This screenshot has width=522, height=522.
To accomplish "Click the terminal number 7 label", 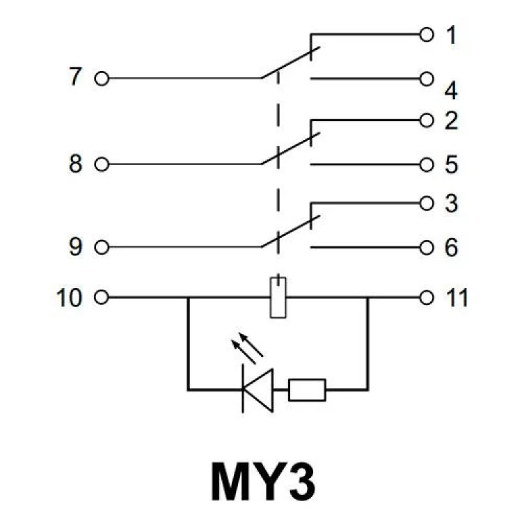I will (75, 77).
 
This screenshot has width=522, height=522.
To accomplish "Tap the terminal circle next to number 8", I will (101, 164).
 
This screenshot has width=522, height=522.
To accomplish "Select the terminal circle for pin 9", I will (101, 247).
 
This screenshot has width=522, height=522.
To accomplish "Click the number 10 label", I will (69, 298).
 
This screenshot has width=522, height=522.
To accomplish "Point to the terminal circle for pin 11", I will (427, 298).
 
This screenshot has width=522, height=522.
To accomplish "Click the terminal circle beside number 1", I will (427, 33).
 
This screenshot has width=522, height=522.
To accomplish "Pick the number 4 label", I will (451, 90).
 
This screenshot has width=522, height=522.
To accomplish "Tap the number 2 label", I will (451, 121).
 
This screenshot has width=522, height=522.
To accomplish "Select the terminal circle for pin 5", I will (427, 164).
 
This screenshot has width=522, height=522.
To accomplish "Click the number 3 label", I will (451, 205).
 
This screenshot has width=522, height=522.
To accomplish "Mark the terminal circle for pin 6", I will (427, 247).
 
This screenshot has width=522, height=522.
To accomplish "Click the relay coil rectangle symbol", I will (278, 297).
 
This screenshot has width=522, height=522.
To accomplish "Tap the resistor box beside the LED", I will (307, 389).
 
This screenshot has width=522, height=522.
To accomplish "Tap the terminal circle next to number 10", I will (101, 298).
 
